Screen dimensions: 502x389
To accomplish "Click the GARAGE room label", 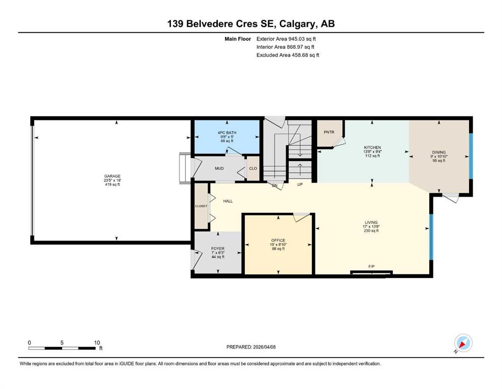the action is [x=112, y=176].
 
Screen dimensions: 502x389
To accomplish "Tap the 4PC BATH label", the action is [x=227, y=133].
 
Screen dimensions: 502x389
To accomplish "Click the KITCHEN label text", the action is [x=373, y=147].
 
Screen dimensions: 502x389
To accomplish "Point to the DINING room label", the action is [x=439, y=152].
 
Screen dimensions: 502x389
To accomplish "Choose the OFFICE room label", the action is [x=278, y=240].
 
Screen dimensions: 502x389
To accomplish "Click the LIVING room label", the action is [x=372, y=222].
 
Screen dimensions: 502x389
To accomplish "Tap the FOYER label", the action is [x=218, y=249].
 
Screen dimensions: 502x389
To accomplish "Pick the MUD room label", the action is [x=219, y=168].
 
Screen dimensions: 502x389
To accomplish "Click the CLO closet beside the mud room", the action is [x=253, y=168].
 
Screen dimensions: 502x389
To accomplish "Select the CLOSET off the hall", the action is [x=201, y=206].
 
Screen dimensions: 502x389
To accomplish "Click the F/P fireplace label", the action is [x=372, y=266].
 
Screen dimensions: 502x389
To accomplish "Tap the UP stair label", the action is [x=300, y=184].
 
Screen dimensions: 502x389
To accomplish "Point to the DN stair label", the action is [x=275, y=185].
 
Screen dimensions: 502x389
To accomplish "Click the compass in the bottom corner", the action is [x=463, y=343].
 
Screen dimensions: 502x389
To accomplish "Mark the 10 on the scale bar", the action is [x=97, y=342].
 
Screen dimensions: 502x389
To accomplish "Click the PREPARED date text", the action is [x=251, y=347].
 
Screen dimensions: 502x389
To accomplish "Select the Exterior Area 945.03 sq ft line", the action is [x=286, y=39].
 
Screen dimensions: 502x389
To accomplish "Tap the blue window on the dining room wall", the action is [x=471, y=156].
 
